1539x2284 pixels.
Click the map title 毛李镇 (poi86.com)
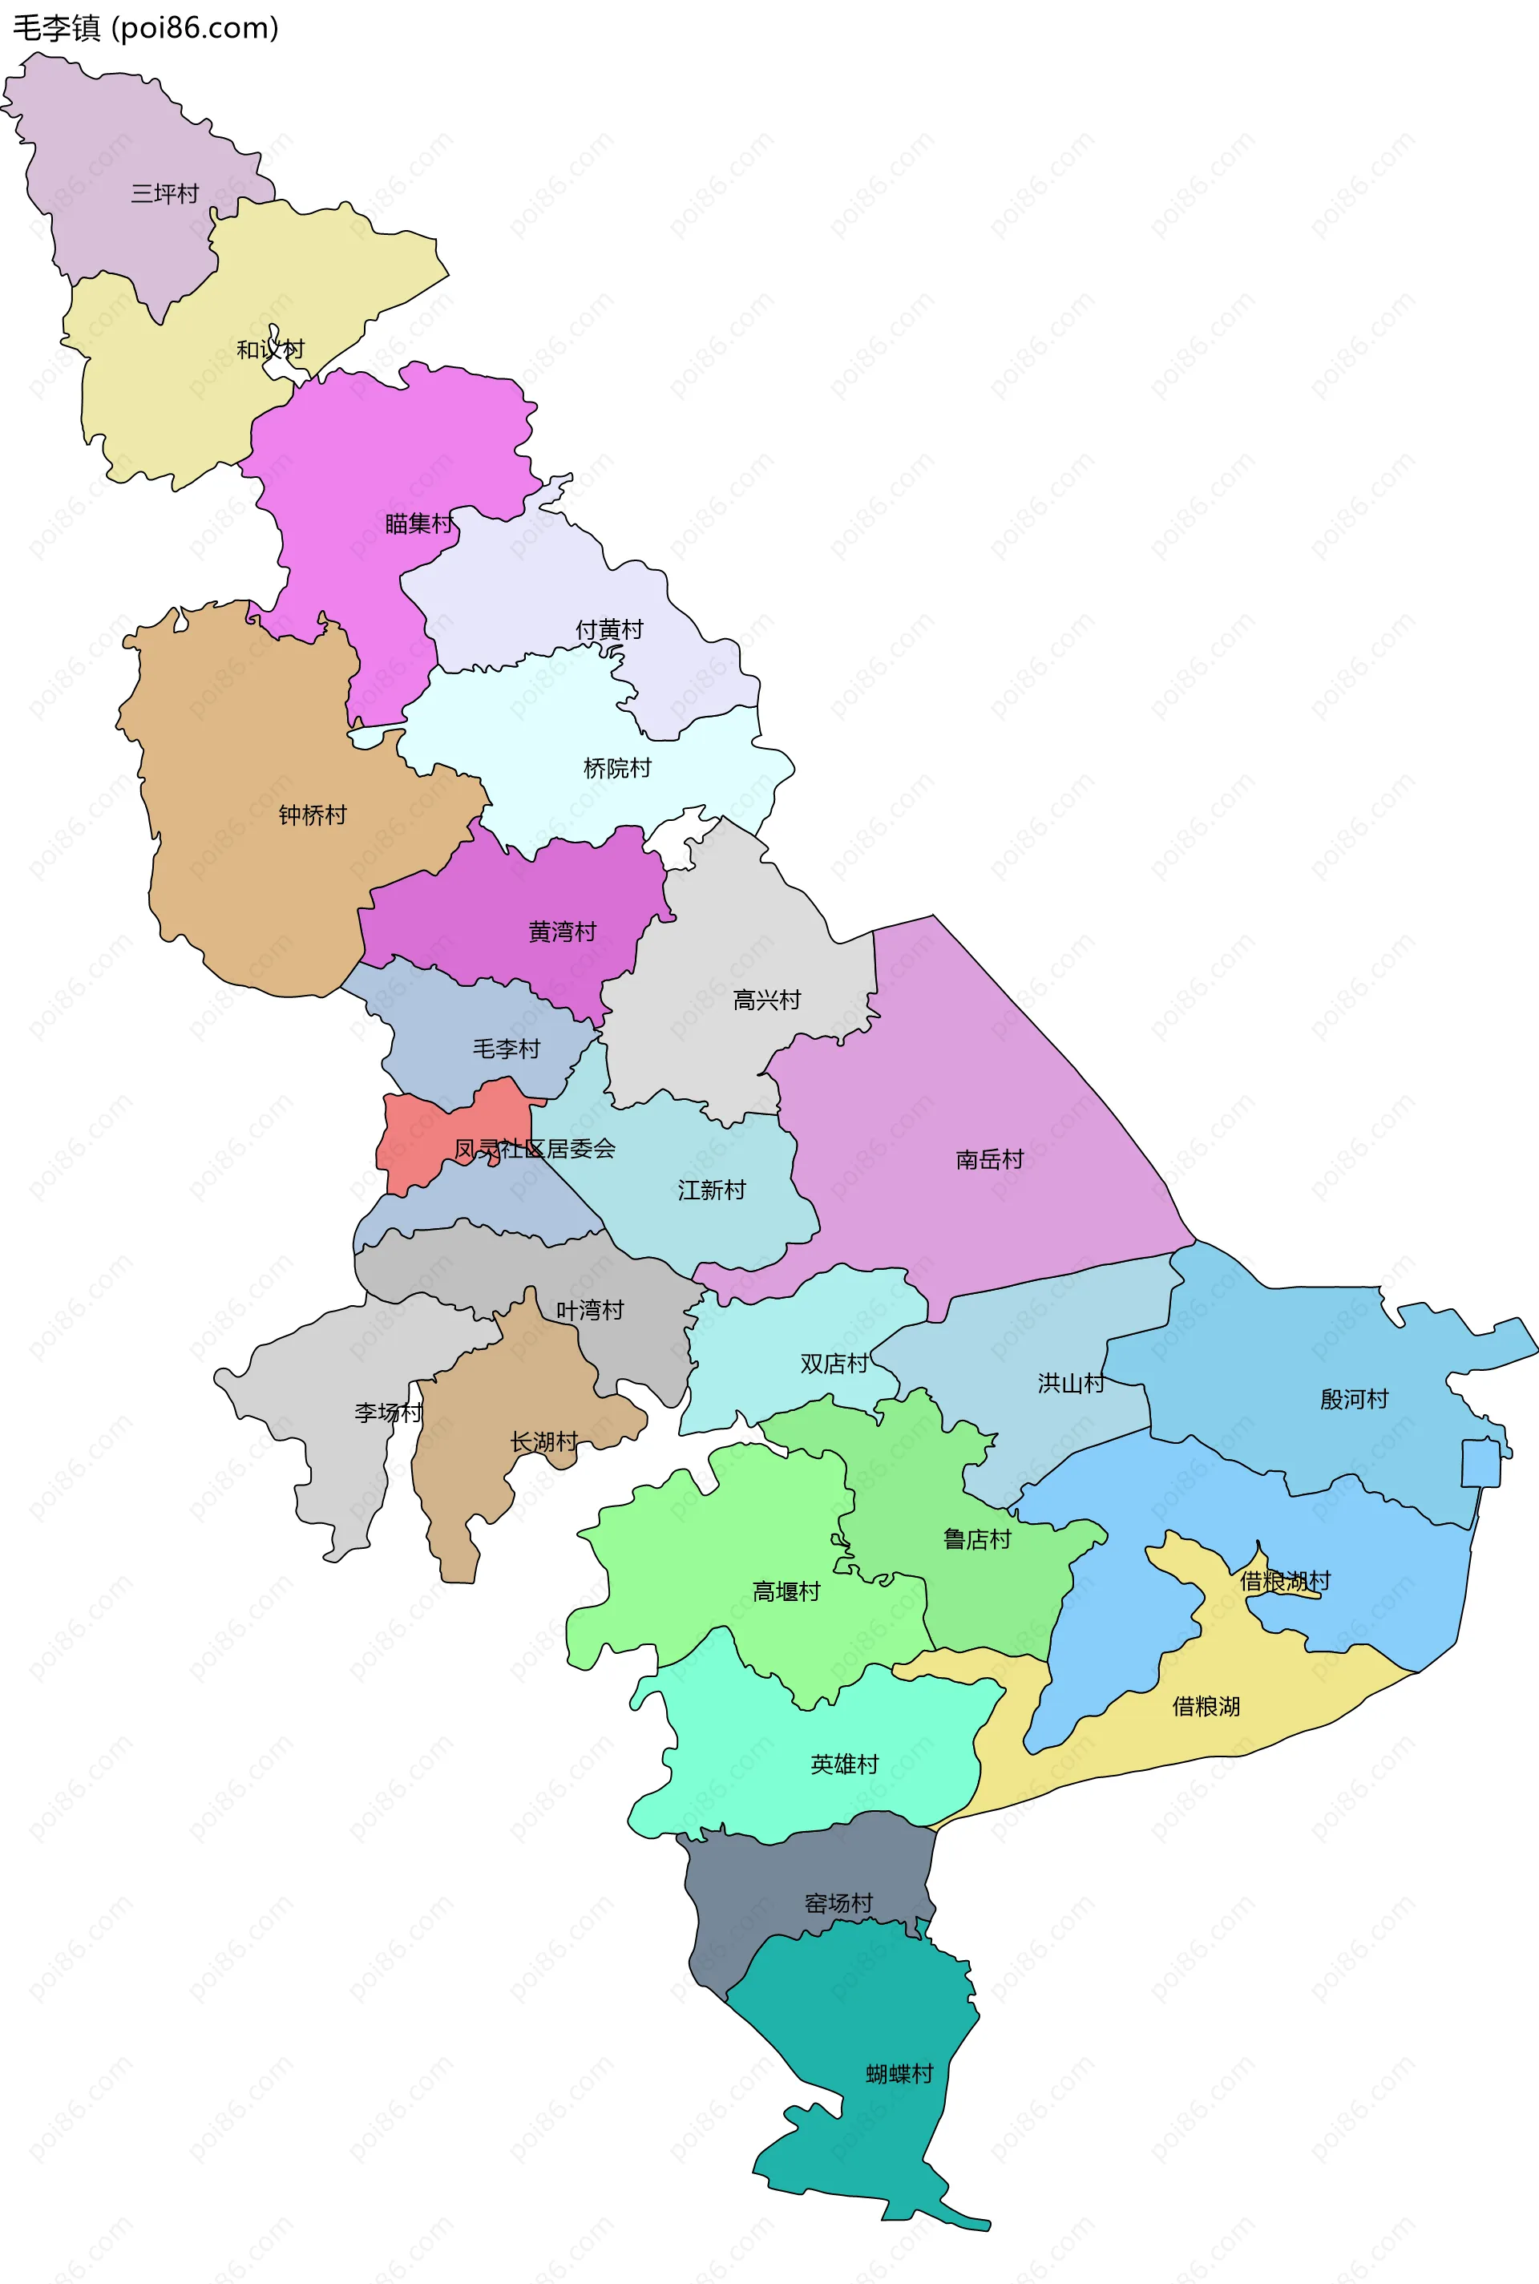tap(145, 27)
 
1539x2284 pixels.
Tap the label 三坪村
tap(165, 193)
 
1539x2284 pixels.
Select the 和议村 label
tap(270, 350)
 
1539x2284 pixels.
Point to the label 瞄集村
tap(419, 524)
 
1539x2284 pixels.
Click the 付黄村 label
tap(608, 629)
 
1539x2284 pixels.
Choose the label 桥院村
tap(617, 769)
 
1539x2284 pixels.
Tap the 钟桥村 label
tap(312, 815)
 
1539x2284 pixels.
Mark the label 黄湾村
tap(563, 932)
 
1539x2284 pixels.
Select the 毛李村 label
tap(507, 1049)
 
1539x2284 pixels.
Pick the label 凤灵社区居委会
tap(535, 1148)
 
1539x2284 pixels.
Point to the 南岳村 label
tap(989, 1159)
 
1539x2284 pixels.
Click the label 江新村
tap(712, 1190)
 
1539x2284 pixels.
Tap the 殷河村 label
tap(1354, 1399)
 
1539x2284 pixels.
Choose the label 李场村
tap(389, 1413)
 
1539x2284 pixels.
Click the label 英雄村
tap(844, 1764)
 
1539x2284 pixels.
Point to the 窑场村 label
tap(838, 1903)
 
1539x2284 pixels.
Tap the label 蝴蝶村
tap(899, 2074)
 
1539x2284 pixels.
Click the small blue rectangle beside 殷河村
tap(1480, 1462)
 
